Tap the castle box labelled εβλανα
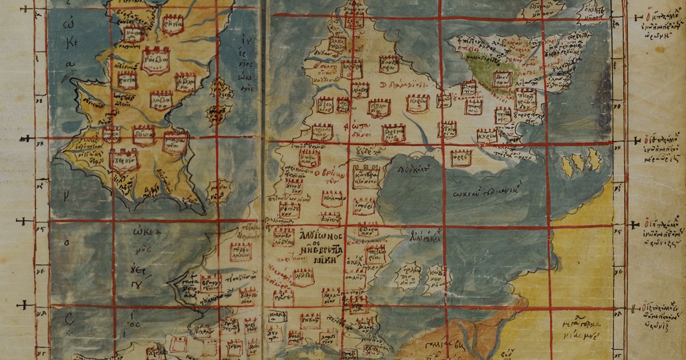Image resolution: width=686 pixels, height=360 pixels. tap(186, 82)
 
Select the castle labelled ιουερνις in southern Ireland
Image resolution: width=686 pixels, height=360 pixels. tap(124, 160)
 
